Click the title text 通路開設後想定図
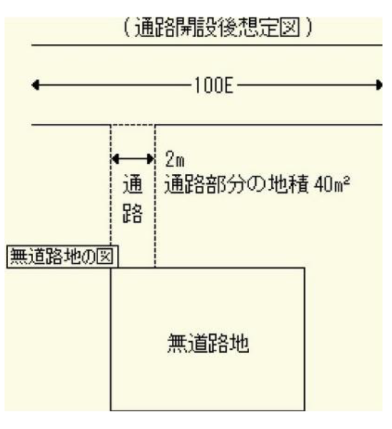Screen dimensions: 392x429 (x=217, y=28)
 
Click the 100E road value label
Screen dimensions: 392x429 (x=214, y=85)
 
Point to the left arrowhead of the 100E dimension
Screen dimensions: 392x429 (x=35, y=85)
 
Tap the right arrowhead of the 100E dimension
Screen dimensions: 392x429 (x=379, y=85)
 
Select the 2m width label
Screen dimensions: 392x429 (x=175, y=159)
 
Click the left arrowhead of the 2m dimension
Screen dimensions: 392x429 (x=115, y=159)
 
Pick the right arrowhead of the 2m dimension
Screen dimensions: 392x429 (x=150, y=159)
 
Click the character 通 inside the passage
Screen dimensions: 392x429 (x=133, y=184)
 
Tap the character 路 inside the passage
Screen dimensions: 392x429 (x=133, y=213)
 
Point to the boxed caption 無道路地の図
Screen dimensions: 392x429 (x=62, y=256)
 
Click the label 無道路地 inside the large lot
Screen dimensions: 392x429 (x=208, y=343)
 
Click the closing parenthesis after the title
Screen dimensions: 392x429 (x=309, y=28)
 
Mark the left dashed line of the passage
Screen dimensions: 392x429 (x=110, y=185)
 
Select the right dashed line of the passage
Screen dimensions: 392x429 (x=155, y=196)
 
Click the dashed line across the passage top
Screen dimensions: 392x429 (x=133, y=125)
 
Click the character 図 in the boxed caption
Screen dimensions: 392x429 (x=105, y=256)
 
